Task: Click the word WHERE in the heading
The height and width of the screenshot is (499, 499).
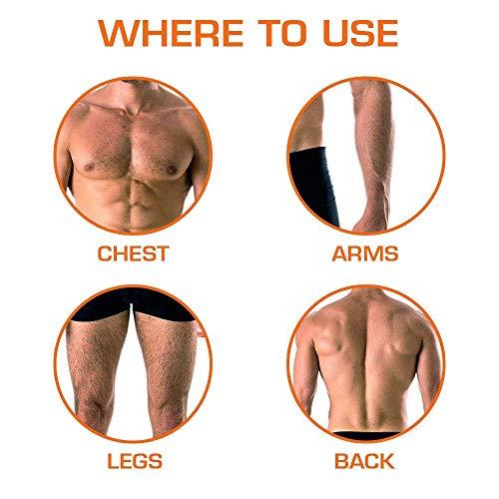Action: click(x=171, y=33)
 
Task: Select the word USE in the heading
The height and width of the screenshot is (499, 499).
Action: click(x=360, y=33)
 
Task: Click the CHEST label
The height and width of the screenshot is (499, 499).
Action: click(x=134, y=253)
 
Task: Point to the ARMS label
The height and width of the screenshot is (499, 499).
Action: click(x=365, y=253)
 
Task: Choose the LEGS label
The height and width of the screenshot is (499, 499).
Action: click(x=135, y=461)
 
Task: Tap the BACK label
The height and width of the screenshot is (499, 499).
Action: click(x=364, y=461)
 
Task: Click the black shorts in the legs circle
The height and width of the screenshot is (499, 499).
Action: click(x=133, y=304)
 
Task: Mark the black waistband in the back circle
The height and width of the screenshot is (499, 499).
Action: click(x=366, y=436)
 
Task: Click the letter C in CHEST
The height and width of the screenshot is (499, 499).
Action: click(x=105, y=253)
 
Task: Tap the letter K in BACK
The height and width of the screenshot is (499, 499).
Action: click(x=387, y=461)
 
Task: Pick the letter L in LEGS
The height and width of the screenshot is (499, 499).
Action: click(x=113, y=461)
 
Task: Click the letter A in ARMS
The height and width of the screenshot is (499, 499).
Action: click(x=340, y=253)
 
